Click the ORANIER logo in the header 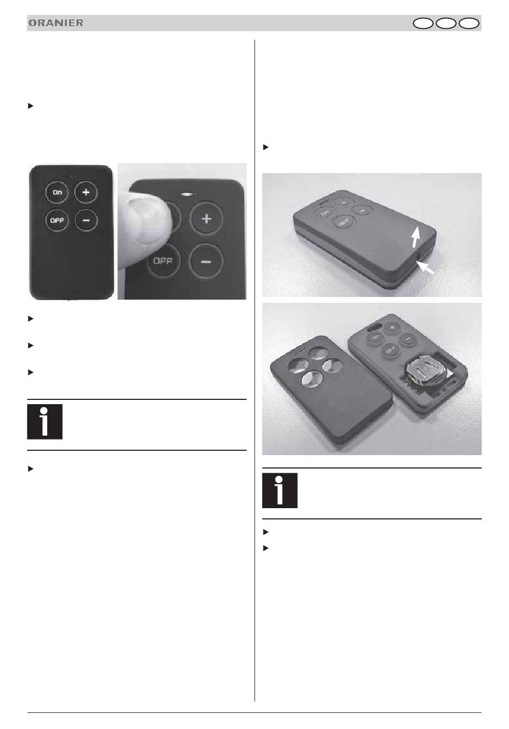tap(56, 23)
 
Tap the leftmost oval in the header tap(423, 24)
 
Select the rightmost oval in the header tap(469, 24)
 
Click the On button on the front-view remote tap(57, 192)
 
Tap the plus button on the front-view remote tap(86, 192)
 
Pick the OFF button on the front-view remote tap(57, 220)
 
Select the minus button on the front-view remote tap(86, 220)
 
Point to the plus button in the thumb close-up tap(206, 219)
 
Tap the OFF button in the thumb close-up tap(163, 261)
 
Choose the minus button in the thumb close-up tap(206, 262)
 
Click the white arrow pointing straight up tap(416, 237)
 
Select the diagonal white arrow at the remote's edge tap(425, 268)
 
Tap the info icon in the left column tap(44, 421)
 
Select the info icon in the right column tap(280, 490)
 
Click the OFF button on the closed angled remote tap(344, 222)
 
